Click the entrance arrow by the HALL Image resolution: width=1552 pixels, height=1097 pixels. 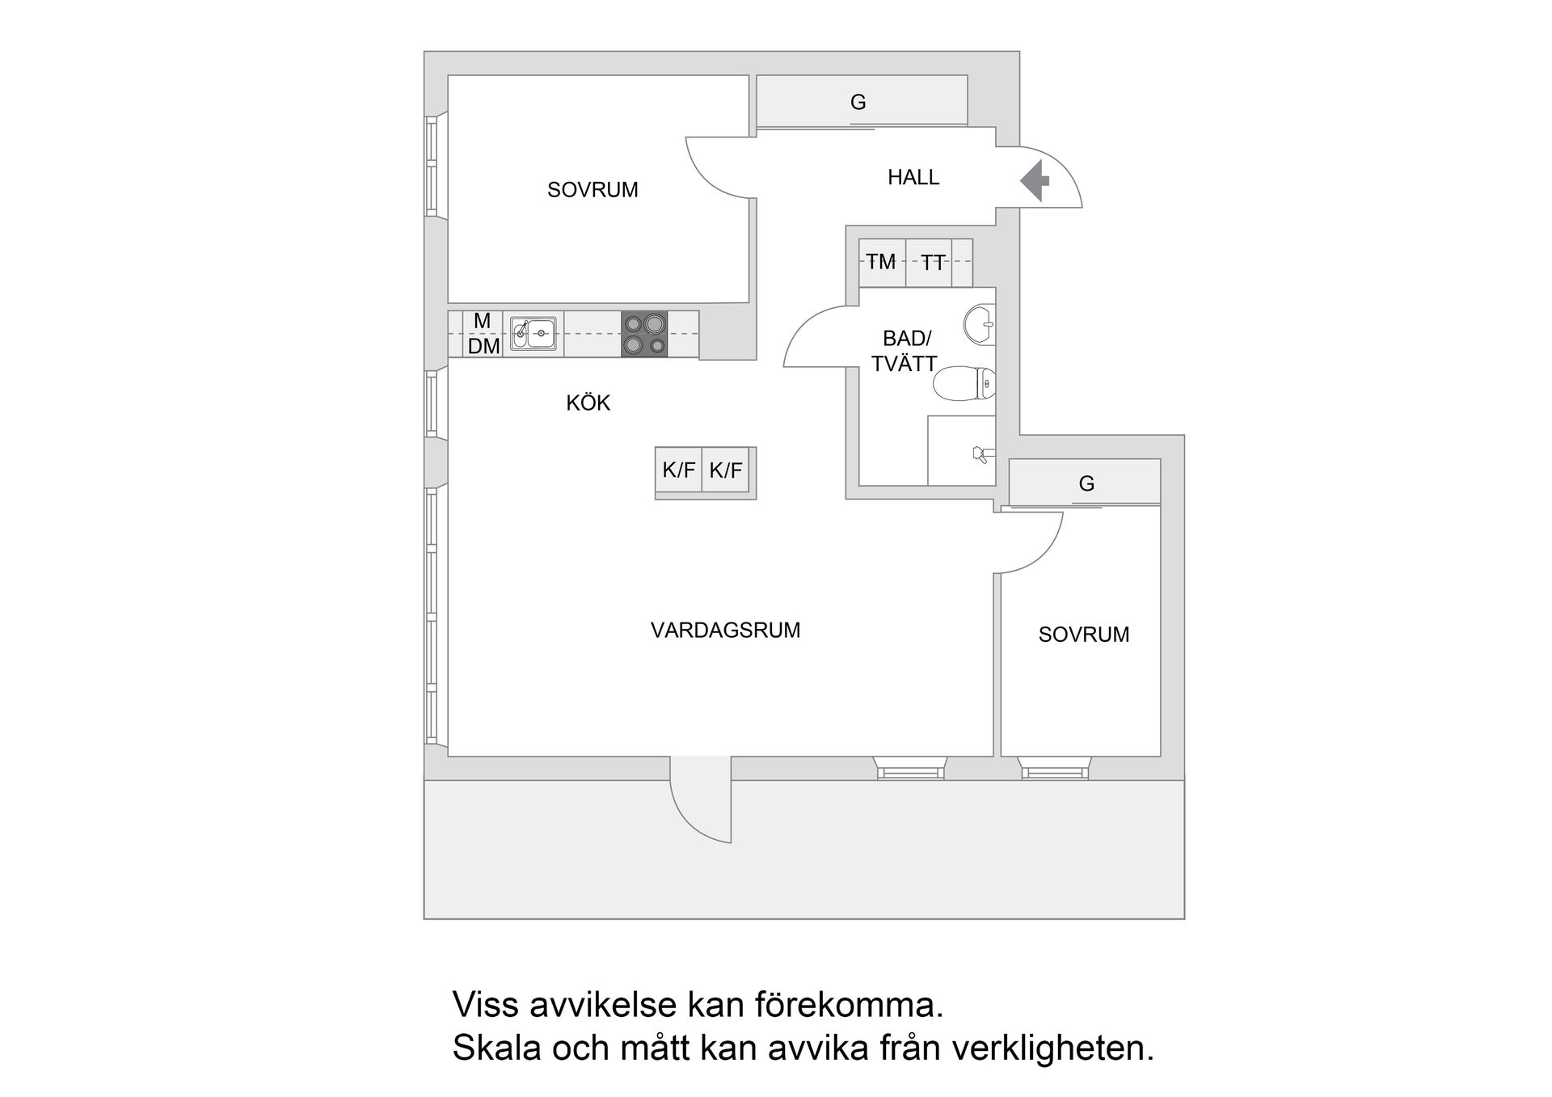[x=1035, y=181]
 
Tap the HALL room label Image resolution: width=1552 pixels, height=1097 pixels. [x=913, y=177]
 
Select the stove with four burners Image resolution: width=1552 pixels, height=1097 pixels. [x=644, y=334]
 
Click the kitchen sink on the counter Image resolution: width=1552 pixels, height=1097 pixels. [x=533, y=333]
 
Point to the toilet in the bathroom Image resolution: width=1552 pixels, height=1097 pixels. [x=964, y=383]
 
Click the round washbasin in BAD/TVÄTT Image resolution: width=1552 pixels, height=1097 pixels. [x=979, y=325]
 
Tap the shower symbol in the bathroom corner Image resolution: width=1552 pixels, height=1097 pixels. [x=981, y=455]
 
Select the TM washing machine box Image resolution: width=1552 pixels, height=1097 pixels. [x=881, y=262]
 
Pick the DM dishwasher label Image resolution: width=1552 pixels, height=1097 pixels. [x=483, y=346]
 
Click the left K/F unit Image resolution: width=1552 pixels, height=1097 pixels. [x=678, y=470]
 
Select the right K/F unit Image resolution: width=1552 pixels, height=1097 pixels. [x=725, y=470]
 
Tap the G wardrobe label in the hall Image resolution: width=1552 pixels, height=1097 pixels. [x=858, y=102]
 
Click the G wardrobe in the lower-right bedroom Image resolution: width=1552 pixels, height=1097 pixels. [x=1086, y=483]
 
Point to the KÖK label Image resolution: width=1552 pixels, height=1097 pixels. [x=588, y=403]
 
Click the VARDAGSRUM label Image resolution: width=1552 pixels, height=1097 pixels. [x=725, y=630]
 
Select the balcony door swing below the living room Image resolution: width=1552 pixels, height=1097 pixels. [x=700, y=808]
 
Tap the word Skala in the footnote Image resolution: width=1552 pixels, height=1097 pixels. [x=496, y=1048]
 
